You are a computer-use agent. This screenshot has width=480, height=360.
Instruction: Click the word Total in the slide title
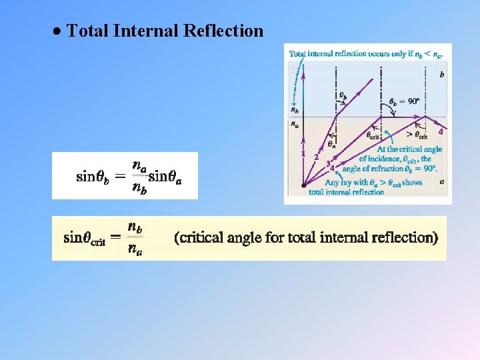88,31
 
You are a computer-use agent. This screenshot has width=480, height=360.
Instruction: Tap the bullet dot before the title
59,31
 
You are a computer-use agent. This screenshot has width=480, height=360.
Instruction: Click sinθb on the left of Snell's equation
93,177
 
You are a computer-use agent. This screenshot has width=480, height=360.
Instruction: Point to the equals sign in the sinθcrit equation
115,237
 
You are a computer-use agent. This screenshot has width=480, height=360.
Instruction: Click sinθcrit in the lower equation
85,237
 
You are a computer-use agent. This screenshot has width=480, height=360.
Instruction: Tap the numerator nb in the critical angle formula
135,227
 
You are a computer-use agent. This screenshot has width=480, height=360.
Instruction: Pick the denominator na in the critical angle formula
135,250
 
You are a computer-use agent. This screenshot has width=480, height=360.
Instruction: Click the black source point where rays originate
303,185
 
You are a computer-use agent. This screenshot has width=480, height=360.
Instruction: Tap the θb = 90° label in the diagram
405,101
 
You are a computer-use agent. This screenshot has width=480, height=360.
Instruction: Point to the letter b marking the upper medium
441,75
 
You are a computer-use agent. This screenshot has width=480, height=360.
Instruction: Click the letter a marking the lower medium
442,181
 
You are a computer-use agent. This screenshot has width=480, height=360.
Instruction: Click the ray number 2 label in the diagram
316,157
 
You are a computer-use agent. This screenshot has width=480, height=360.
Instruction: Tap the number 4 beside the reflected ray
441,131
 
